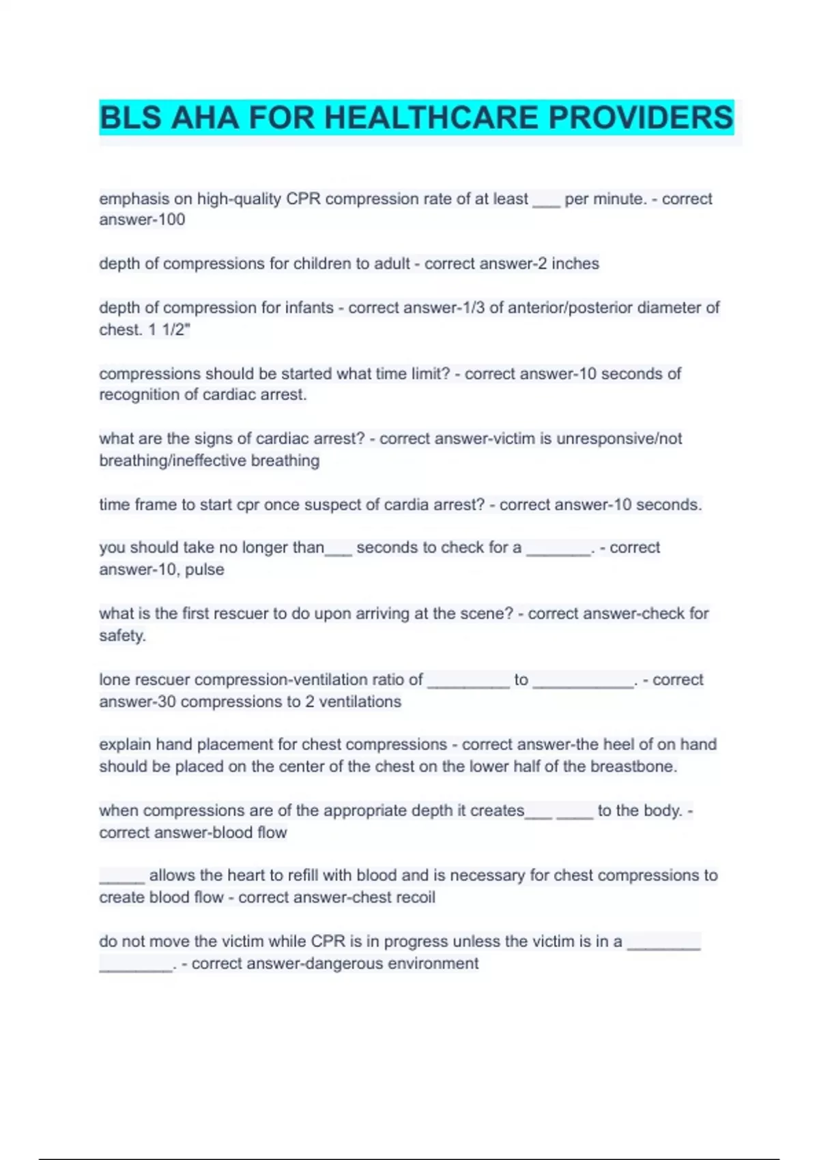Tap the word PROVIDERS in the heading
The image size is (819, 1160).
(641, 117)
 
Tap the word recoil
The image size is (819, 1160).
(414, 897)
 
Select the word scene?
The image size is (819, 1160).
(485, 613)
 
